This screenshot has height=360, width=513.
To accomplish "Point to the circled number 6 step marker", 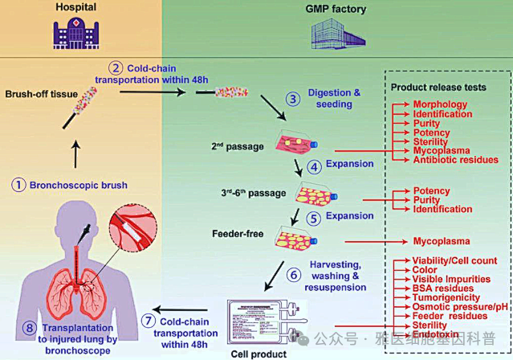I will coord(294,273).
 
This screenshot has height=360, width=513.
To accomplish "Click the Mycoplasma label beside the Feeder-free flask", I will coord(440,239).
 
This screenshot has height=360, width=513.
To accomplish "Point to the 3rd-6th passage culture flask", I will coord(310,193).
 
